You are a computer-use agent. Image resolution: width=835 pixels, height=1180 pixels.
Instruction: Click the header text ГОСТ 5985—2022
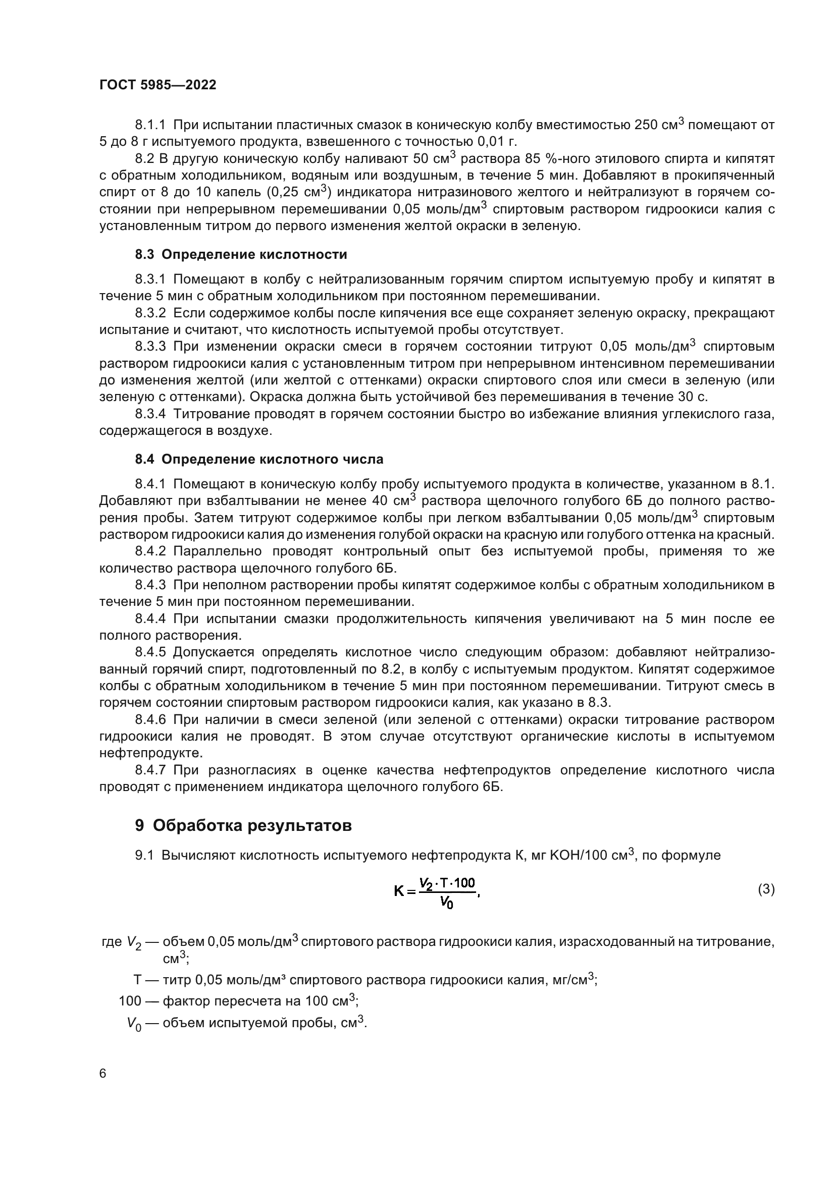click(x=158, y=85)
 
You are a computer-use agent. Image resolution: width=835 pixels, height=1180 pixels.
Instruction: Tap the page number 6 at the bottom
click(x=103, y=1074)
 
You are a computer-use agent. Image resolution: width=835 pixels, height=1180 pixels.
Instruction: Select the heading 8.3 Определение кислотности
click(x=241, y=254)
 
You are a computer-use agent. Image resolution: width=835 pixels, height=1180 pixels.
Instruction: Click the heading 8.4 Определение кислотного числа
click(x=259, y=459)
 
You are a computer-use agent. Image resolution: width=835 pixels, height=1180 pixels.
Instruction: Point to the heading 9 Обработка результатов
click(x=243, y=826)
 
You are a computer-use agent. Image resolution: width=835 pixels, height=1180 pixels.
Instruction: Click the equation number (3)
click(x=766, y=889)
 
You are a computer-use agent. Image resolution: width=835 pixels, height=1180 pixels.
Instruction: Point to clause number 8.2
click(x=145, y=158)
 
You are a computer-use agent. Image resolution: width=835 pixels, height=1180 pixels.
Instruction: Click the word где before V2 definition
click(x=112, y=941)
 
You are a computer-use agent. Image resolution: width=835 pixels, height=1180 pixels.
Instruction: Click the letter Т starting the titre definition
click(x=138, y=980)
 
